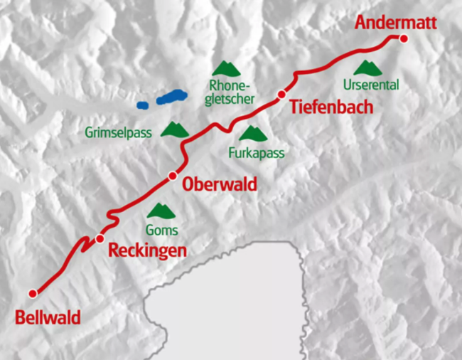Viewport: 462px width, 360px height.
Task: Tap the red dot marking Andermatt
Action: coord(404,38)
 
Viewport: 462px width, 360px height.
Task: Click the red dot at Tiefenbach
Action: coord(281,95)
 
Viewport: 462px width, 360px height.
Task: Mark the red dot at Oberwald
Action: coord(172,176)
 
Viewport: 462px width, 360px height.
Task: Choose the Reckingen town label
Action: coord(147,250)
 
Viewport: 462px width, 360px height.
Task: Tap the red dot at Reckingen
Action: coord(100,238)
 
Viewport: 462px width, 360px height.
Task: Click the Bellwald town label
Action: coord(48,317)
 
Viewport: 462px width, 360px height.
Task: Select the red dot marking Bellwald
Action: coord(32,293)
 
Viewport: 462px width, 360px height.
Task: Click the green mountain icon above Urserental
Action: coord(368,68)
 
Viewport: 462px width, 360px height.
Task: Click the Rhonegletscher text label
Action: coord(229,92)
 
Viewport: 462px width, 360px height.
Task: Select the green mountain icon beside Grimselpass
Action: coord(175,129)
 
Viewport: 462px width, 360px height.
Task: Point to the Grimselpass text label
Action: coord(119,132)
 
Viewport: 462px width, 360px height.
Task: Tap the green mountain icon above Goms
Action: coord(161,211)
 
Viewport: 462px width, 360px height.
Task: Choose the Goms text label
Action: coord(161,230)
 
